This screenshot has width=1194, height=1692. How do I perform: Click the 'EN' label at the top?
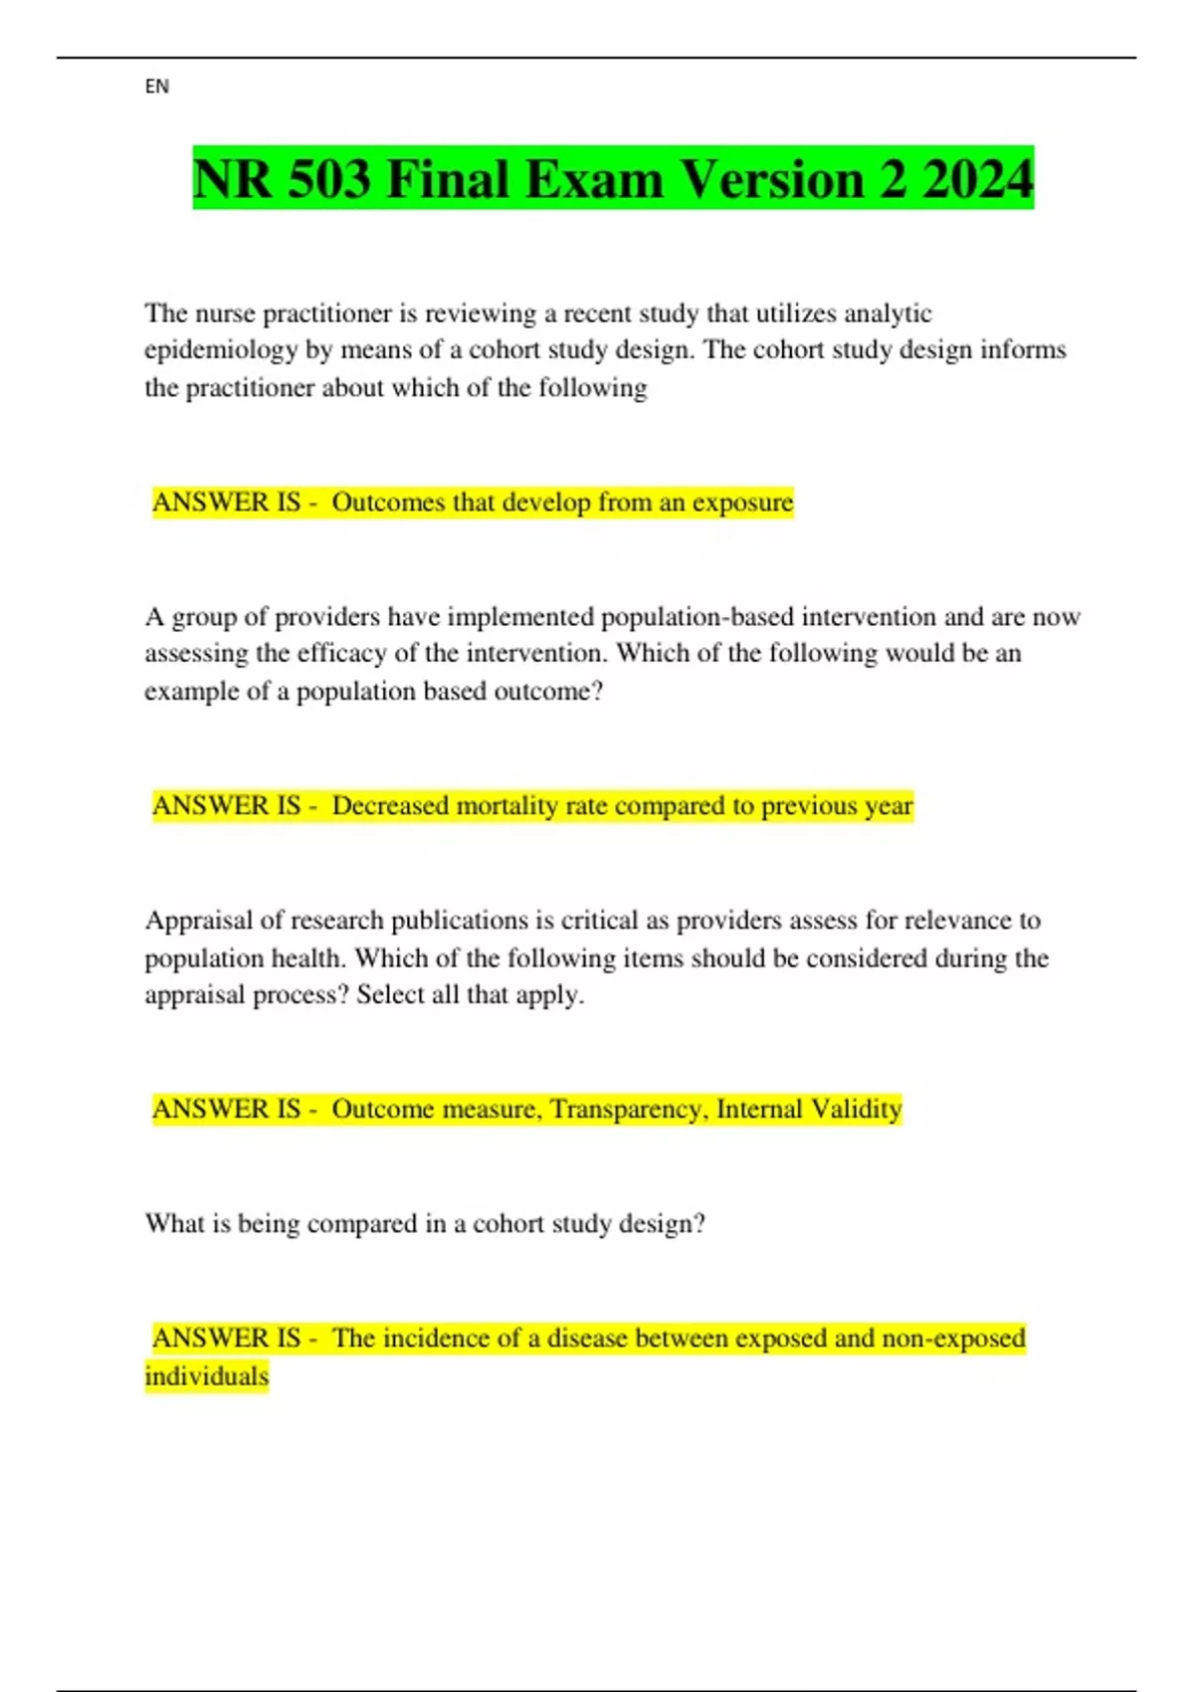pos(157,87)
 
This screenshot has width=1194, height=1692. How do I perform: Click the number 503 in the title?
pos(321,180)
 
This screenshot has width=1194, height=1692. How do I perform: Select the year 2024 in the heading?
pos(978,180)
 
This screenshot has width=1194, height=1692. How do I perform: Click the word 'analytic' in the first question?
pos(888,314)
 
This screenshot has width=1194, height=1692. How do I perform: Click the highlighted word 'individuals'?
pos(207,1376)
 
